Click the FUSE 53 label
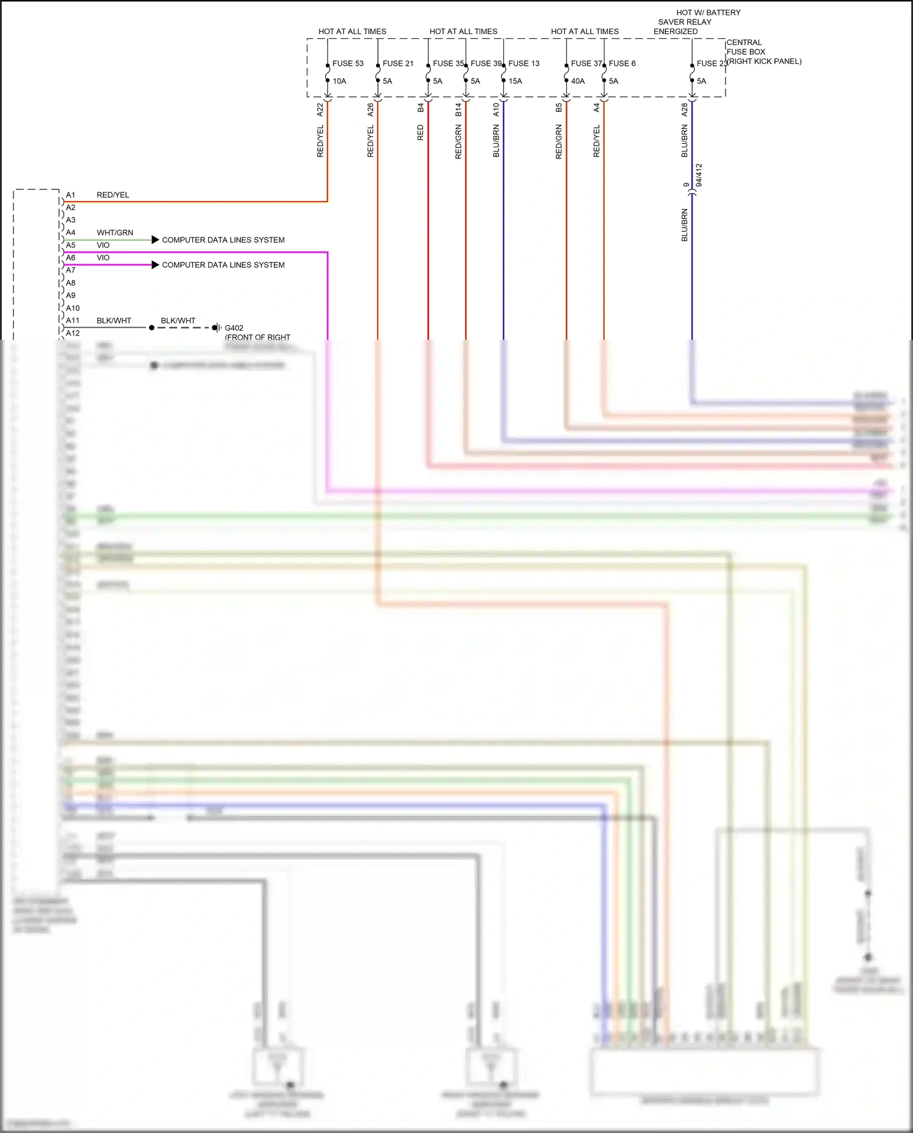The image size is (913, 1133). (348, 63)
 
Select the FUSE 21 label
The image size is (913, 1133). (398, 63)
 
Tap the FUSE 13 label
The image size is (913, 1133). (524, 63)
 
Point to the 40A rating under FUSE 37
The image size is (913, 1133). (578, 81)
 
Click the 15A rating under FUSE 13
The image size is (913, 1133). (516, 81)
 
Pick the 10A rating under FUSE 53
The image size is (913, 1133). (339, 81)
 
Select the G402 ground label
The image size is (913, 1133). (234, 328)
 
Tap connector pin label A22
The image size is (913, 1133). (320, 110)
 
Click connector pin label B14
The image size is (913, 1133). (458, 110)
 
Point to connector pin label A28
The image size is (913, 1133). (685, 110)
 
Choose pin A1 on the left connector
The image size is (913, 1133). (71, 195)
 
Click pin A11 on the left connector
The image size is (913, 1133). (72, 321)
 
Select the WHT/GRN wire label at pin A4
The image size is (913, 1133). (114, 233)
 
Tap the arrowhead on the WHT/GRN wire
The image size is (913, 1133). (155, 240)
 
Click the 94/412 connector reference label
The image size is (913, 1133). (699, 175)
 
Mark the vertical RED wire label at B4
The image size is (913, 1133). (420, 133)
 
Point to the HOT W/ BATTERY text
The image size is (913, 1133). (708, 13)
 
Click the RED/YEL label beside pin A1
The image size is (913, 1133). (113, 195)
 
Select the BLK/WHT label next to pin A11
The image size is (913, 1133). (114, 321)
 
